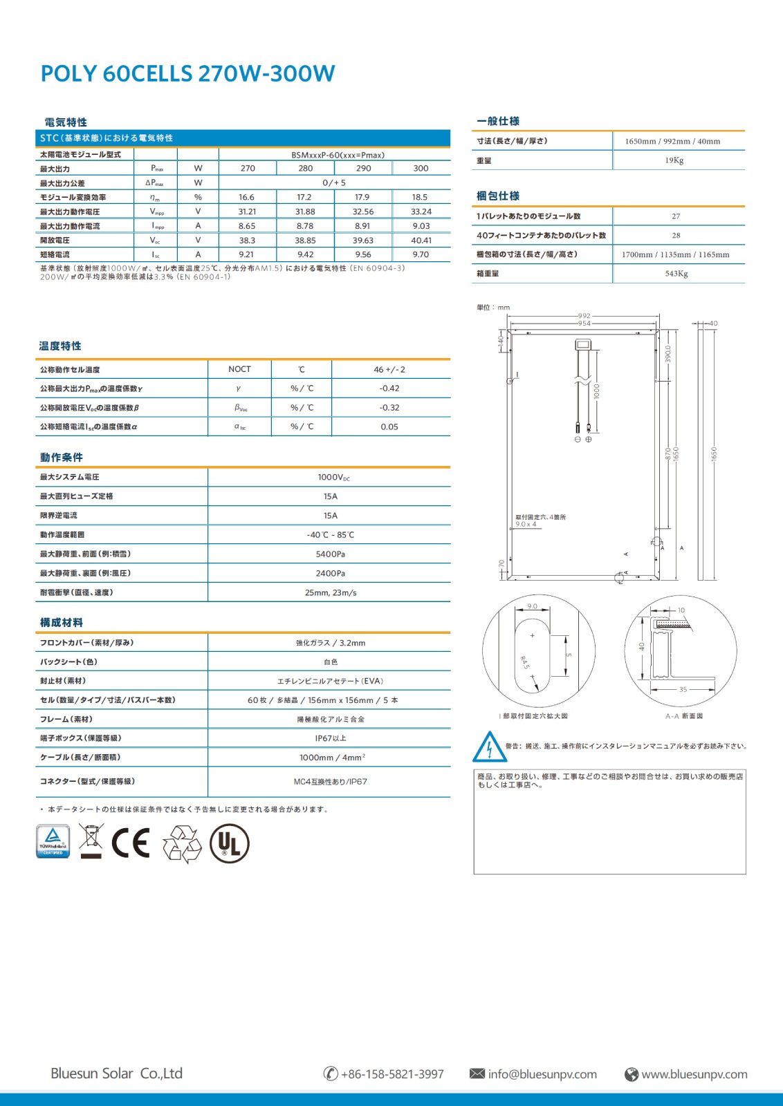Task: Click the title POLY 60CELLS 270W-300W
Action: (x=187, y=73)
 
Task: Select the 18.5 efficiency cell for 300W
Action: (x=420, y=197)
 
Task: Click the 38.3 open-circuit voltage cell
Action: (x=247, y=241)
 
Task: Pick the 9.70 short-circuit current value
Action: (x=421, y=254)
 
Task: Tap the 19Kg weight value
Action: (x=674, y=160)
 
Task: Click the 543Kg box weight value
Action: (x=676, y=274)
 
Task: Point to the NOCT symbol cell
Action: (x=239, y=369)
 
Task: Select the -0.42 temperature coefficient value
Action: (x=389, y=388)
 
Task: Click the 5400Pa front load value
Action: (x=330, y=554)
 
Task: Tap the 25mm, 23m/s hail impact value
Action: (x=330, y=592)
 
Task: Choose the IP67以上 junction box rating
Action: (x=330, y=738)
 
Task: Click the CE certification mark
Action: (x=131, y=843)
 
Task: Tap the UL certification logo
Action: (x=230, y=843)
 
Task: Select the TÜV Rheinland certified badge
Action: (x=53, y=841)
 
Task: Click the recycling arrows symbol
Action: (x=181, y=844)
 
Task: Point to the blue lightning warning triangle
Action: (x=489, y=747)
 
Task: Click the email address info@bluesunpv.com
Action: (x=542, y=1074)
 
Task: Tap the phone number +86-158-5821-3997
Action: (x=392, y=1074)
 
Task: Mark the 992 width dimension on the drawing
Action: (x=584, y=316)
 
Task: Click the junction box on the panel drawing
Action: (x=582, y=344)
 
